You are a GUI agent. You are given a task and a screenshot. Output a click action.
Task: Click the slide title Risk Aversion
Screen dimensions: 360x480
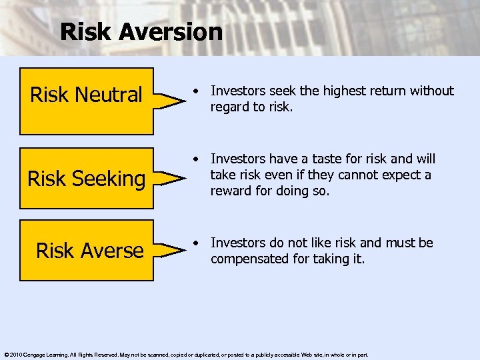click(x=141, y=31)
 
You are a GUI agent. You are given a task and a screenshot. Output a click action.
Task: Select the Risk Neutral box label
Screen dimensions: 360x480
click(x=86, y=95)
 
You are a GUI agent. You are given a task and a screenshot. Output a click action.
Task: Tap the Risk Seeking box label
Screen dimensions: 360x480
click(x=86, y=179)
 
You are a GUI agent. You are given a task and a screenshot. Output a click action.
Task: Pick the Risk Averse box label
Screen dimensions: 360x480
click(x=90, y=250)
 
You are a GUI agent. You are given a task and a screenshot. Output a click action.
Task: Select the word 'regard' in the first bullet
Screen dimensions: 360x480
click(x=229, y=107)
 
